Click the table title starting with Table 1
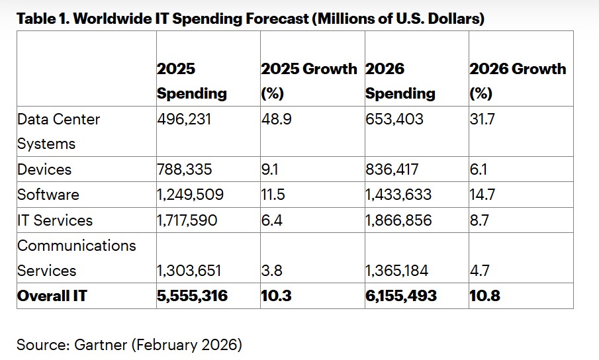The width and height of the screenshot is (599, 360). [250, 19]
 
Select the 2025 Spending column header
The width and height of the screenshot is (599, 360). [191, 81]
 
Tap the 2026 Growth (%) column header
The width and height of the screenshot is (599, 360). [517, 81]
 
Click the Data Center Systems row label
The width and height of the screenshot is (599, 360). [58, 131]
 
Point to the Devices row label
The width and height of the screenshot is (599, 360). [45, 169]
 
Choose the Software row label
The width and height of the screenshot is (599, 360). [48, 195]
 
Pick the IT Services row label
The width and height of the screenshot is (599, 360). [54, 220]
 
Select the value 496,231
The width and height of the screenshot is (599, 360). [184, 119]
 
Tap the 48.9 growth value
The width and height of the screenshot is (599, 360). [275, 119]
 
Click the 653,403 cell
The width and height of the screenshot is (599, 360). [393, 119]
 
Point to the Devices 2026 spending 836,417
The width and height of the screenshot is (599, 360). [392, 169]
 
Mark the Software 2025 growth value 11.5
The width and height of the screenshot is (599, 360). [273, 195]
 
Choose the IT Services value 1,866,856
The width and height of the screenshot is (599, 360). [398, 220]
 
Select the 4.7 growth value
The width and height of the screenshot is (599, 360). [479, 271]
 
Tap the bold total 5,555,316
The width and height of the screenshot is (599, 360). [192, 296]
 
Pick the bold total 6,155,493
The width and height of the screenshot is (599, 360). [401, 296]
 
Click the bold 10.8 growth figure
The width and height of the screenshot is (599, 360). [484, 296]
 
